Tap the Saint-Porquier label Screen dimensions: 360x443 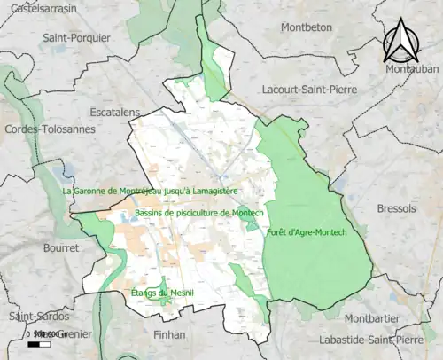[x=79, y=39]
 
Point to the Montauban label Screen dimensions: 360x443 [x=412, y=68]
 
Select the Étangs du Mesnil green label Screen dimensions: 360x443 [x=161, y=293]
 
